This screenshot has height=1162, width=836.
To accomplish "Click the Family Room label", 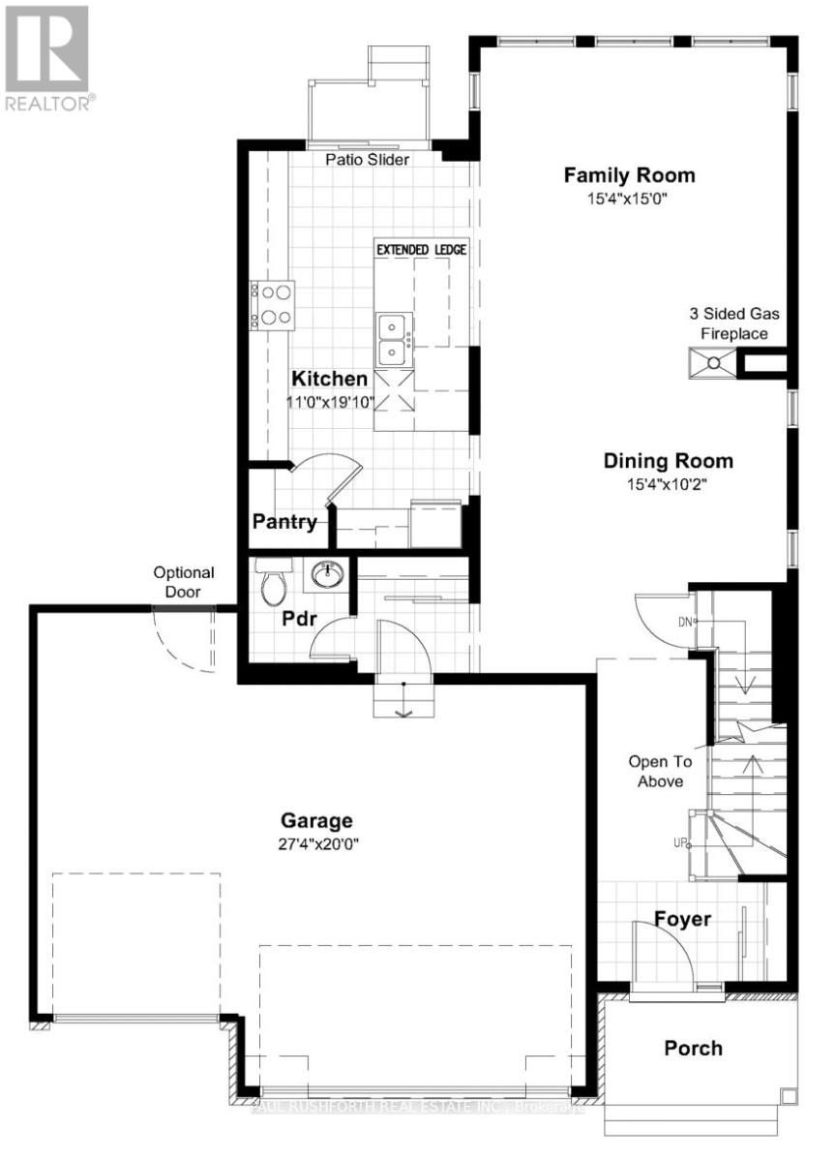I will (629, 175).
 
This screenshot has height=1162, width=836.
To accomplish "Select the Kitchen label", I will (330, 379).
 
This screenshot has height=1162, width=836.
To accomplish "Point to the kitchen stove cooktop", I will (273, 304).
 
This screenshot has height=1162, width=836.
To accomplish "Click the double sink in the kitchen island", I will (393, 338).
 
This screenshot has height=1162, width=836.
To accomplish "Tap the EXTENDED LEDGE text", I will (421, 250).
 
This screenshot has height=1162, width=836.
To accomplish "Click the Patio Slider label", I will (367, 160).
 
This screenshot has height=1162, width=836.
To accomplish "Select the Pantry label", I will (284, 522).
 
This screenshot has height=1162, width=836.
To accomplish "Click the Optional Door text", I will (184, 582).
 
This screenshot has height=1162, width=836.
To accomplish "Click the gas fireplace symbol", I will (712, 363).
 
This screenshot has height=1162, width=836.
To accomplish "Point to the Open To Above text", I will (656, 771).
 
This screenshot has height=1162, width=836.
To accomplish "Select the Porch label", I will (693, 1048).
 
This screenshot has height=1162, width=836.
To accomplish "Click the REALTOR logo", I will (49, 58).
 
